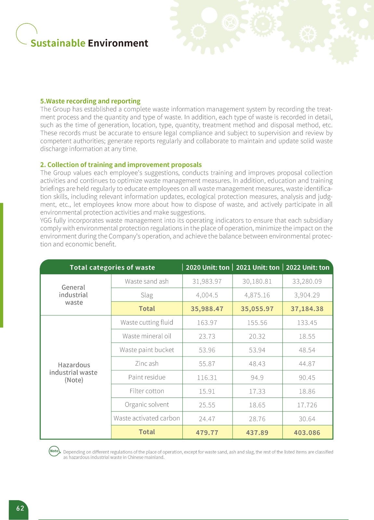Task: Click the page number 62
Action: click(20, 508)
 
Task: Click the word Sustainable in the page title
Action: click(58, 43)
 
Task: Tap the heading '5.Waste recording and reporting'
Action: click(90, 101)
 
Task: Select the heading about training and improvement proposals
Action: click(121, 165)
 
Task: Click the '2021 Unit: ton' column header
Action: click(258, 267)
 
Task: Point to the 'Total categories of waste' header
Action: click(112, 267)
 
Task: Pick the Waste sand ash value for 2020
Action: click(207, 281)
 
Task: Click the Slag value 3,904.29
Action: click(307, 295)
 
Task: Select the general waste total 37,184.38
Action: click(307, 309)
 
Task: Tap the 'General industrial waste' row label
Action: click(73, 295)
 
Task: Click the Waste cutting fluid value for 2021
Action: click(257, 323)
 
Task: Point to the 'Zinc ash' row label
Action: click(147, 363)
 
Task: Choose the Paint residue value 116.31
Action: click(207, 378)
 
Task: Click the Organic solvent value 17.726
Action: click(307, 405)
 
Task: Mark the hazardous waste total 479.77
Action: click(207, 433)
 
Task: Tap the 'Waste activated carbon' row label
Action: click(147, 418)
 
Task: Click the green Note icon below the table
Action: click(54, 451)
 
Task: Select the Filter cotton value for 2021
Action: click(257, 391)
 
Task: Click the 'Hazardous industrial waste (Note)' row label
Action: click(73, 372)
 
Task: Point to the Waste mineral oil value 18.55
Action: click(307, 336)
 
